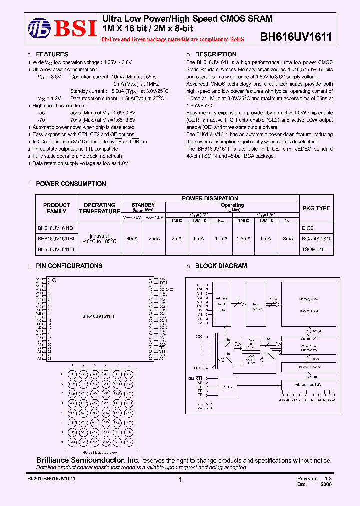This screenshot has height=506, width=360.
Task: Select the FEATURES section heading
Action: click(x=52, y=54)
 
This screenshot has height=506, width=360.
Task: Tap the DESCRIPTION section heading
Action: click(x=215, y=54)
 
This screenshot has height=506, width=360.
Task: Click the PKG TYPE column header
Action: click(x=316, y=208)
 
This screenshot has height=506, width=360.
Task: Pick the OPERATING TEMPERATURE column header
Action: click(x=99, y=208)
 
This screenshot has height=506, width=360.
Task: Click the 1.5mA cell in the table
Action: click(x=243, y=239)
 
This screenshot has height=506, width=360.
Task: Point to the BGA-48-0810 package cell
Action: click(x=317, y=239)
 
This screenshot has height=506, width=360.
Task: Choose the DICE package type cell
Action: click(x=308, y=228)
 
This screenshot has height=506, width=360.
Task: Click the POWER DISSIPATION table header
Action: click(x=209, y=198)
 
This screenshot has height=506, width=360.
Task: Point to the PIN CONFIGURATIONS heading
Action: click(x=69, y=266)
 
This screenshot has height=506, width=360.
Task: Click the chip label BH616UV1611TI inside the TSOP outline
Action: click(x=98, y=317)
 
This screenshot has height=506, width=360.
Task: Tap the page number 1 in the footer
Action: click(x=180, y=480)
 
